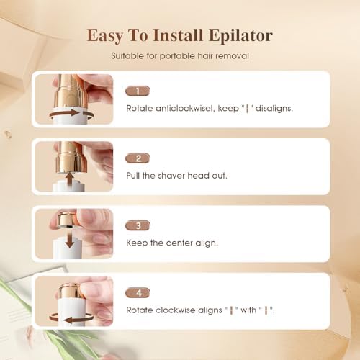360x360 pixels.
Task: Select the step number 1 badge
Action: [138, 91]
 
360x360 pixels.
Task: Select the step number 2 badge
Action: [138, 158]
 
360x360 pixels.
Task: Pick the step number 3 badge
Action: [138, 226]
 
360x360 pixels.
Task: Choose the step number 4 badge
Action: [138, 293]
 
